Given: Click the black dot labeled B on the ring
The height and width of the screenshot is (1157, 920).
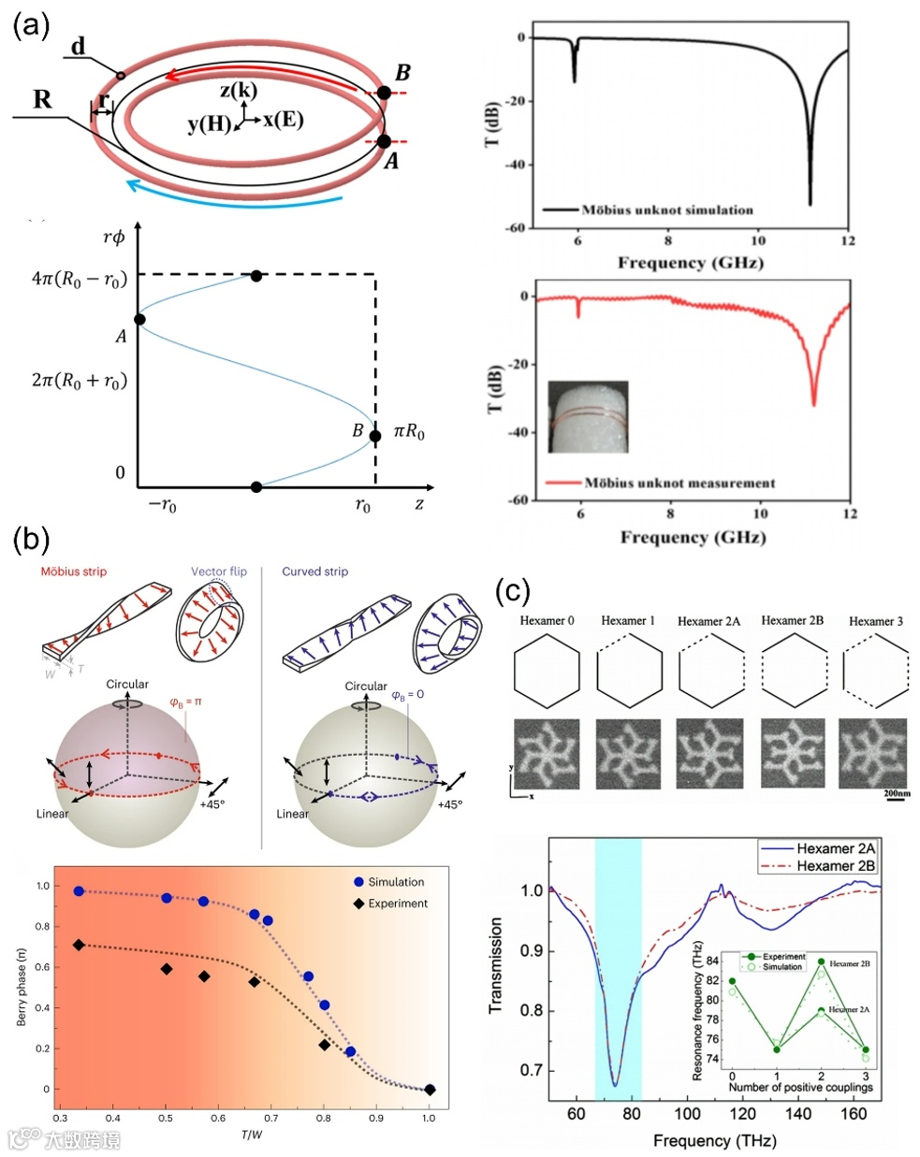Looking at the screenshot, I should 384,93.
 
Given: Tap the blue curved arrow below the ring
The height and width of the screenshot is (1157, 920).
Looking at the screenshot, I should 234,195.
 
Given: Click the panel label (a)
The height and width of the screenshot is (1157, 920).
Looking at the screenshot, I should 31,26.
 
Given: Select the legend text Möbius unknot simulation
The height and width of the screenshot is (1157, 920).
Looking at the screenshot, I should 666,210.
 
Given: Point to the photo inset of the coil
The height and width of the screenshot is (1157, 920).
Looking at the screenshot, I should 587,416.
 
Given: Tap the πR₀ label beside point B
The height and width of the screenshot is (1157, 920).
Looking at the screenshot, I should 409,432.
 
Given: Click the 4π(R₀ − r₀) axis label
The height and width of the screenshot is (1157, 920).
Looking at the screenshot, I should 79,279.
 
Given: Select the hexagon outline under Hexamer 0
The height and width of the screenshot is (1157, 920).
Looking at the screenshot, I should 547,670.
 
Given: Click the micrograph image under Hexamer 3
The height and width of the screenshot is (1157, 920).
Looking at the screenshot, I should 872,754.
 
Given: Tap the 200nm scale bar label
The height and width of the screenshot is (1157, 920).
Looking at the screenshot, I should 896,794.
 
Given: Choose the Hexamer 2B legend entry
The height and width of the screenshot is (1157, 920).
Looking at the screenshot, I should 835,866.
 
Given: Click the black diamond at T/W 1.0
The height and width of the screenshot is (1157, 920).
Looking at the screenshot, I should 430,1090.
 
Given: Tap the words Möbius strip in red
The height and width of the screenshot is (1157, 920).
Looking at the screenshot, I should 74,571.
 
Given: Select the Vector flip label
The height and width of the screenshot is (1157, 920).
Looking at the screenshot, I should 219,571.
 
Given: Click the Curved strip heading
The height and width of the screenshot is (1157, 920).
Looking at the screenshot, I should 314,571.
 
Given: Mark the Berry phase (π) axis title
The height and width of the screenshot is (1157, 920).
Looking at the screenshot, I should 22,987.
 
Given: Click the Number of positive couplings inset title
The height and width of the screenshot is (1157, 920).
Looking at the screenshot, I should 800,1087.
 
